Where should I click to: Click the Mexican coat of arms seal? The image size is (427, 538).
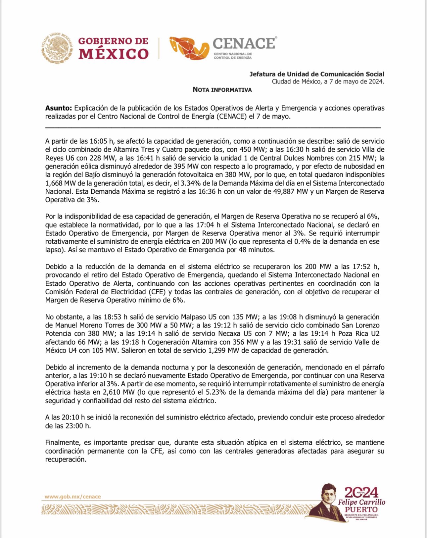57,48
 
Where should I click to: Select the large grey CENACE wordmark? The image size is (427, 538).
244,43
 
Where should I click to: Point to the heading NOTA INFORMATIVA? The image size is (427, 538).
222,90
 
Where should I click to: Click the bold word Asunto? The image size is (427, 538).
58,108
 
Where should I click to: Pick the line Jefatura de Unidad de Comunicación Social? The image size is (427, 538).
317,74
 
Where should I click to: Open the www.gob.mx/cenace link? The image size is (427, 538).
73,497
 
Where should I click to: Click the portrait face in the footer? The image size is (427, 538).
329,496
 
